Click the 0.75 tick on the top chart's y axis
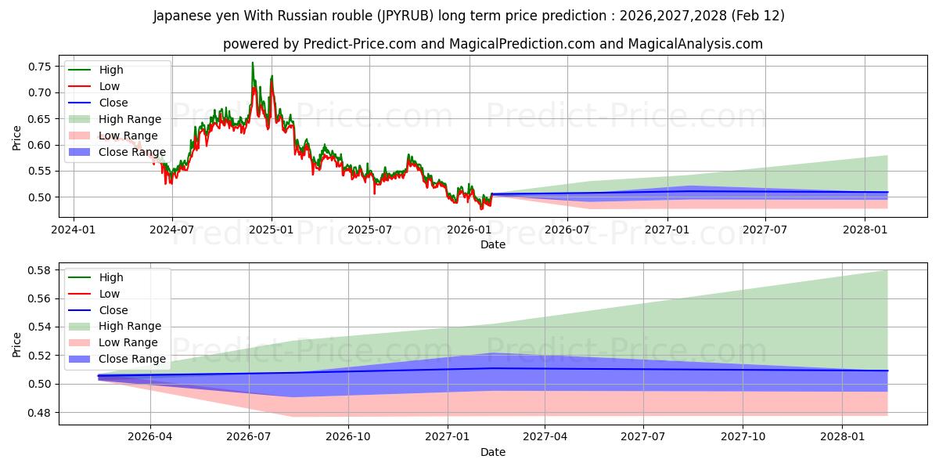40,67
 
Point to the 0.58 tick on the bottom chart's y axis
40,270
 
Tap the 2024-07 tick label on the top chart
172,230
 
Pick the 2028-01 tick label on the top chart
865,230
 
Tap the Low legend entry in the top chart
110,86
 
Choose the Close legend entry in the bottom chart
113,310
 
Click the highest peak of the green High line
252,63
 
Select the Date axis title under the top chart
492,244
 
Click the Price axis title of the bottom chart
17,344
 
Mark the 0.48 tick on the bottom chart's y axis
40,413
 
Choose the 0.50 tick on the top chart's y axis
40,197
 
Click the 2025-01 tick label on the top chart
272,230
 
